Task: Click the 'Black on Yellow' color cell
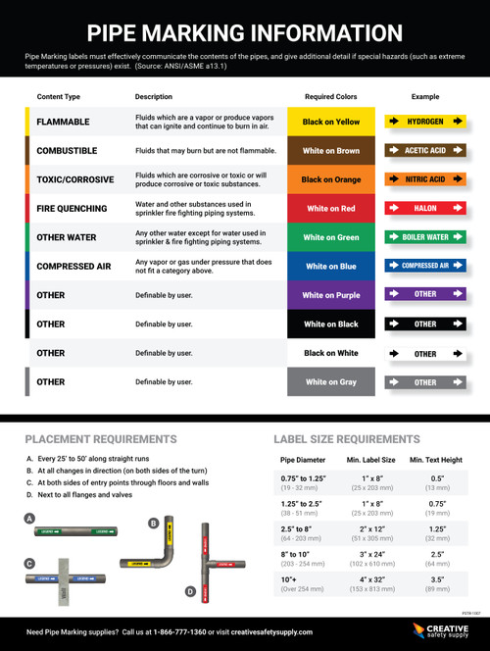click(x=331, y=122)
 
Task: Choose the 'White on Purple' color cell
click(x=331, y=295)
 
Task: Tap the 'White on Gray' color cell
click(x=331, y=381)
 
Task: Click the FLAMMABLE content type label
click(x=63, y=122)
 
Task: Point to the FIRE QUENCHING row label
click(x=72, y=209)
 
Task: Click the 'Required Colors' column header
click(x=331, y=97)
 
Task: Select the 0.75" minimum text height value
click(x=438, y=504)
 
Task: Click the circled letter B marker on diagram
click(x=154, y=524)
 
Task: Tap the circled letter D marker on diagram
click(x=190, y=592)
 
